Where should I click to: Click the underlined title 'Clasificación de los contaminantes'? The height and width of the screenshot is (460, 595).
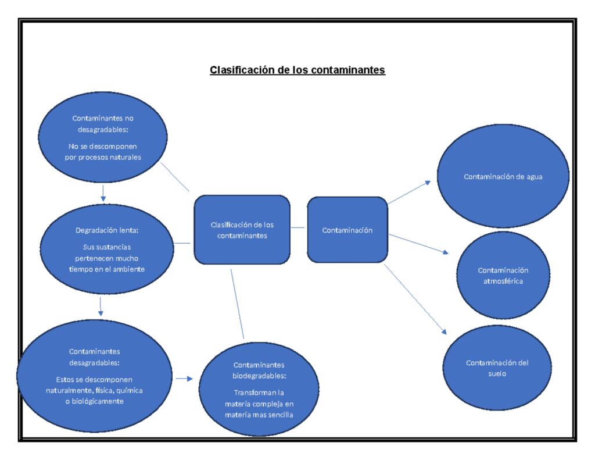tap(297, 70)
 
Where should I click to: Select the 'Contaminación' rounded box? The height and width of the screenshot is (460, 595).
tap(347, 230)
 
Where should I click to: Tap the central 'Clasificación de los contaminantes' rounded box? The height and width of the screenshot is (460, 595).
tap(242, 230)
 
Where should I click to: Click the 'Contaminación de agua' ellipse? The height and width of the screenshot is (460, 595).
tap(503, 176)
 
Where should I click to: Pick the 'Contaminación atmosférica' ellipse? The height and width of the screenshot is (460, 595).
tap(503, 276)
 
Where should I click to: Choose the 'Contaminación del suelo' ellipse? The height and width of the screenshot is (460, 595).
tap(497, 368)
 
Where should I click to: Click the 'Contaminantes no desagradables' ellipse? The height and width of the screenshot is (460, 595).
tap(103, 137)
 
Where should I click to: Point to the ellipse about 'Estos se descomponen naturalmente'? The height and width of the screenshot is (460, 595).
tap(94, 376)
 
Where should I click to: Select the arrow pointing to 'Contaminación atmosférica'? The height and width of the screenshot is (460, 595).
tap(418, 244)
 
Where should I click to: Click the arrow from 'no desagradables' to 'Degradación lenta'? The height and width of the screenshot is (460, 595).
tap(103, 192)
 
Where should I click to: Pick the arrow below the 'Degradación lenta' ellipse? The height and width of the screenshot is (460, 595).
tap(101, 306)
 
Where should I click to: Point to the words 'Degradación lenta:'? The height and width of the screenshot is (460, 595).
tap(107, 230)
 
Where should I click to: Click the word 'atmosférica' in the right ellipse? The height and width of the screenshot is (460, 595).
tap(503, 281)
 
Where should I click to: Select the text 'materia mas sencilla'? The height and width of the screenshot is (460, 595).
tap(259, 415)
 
